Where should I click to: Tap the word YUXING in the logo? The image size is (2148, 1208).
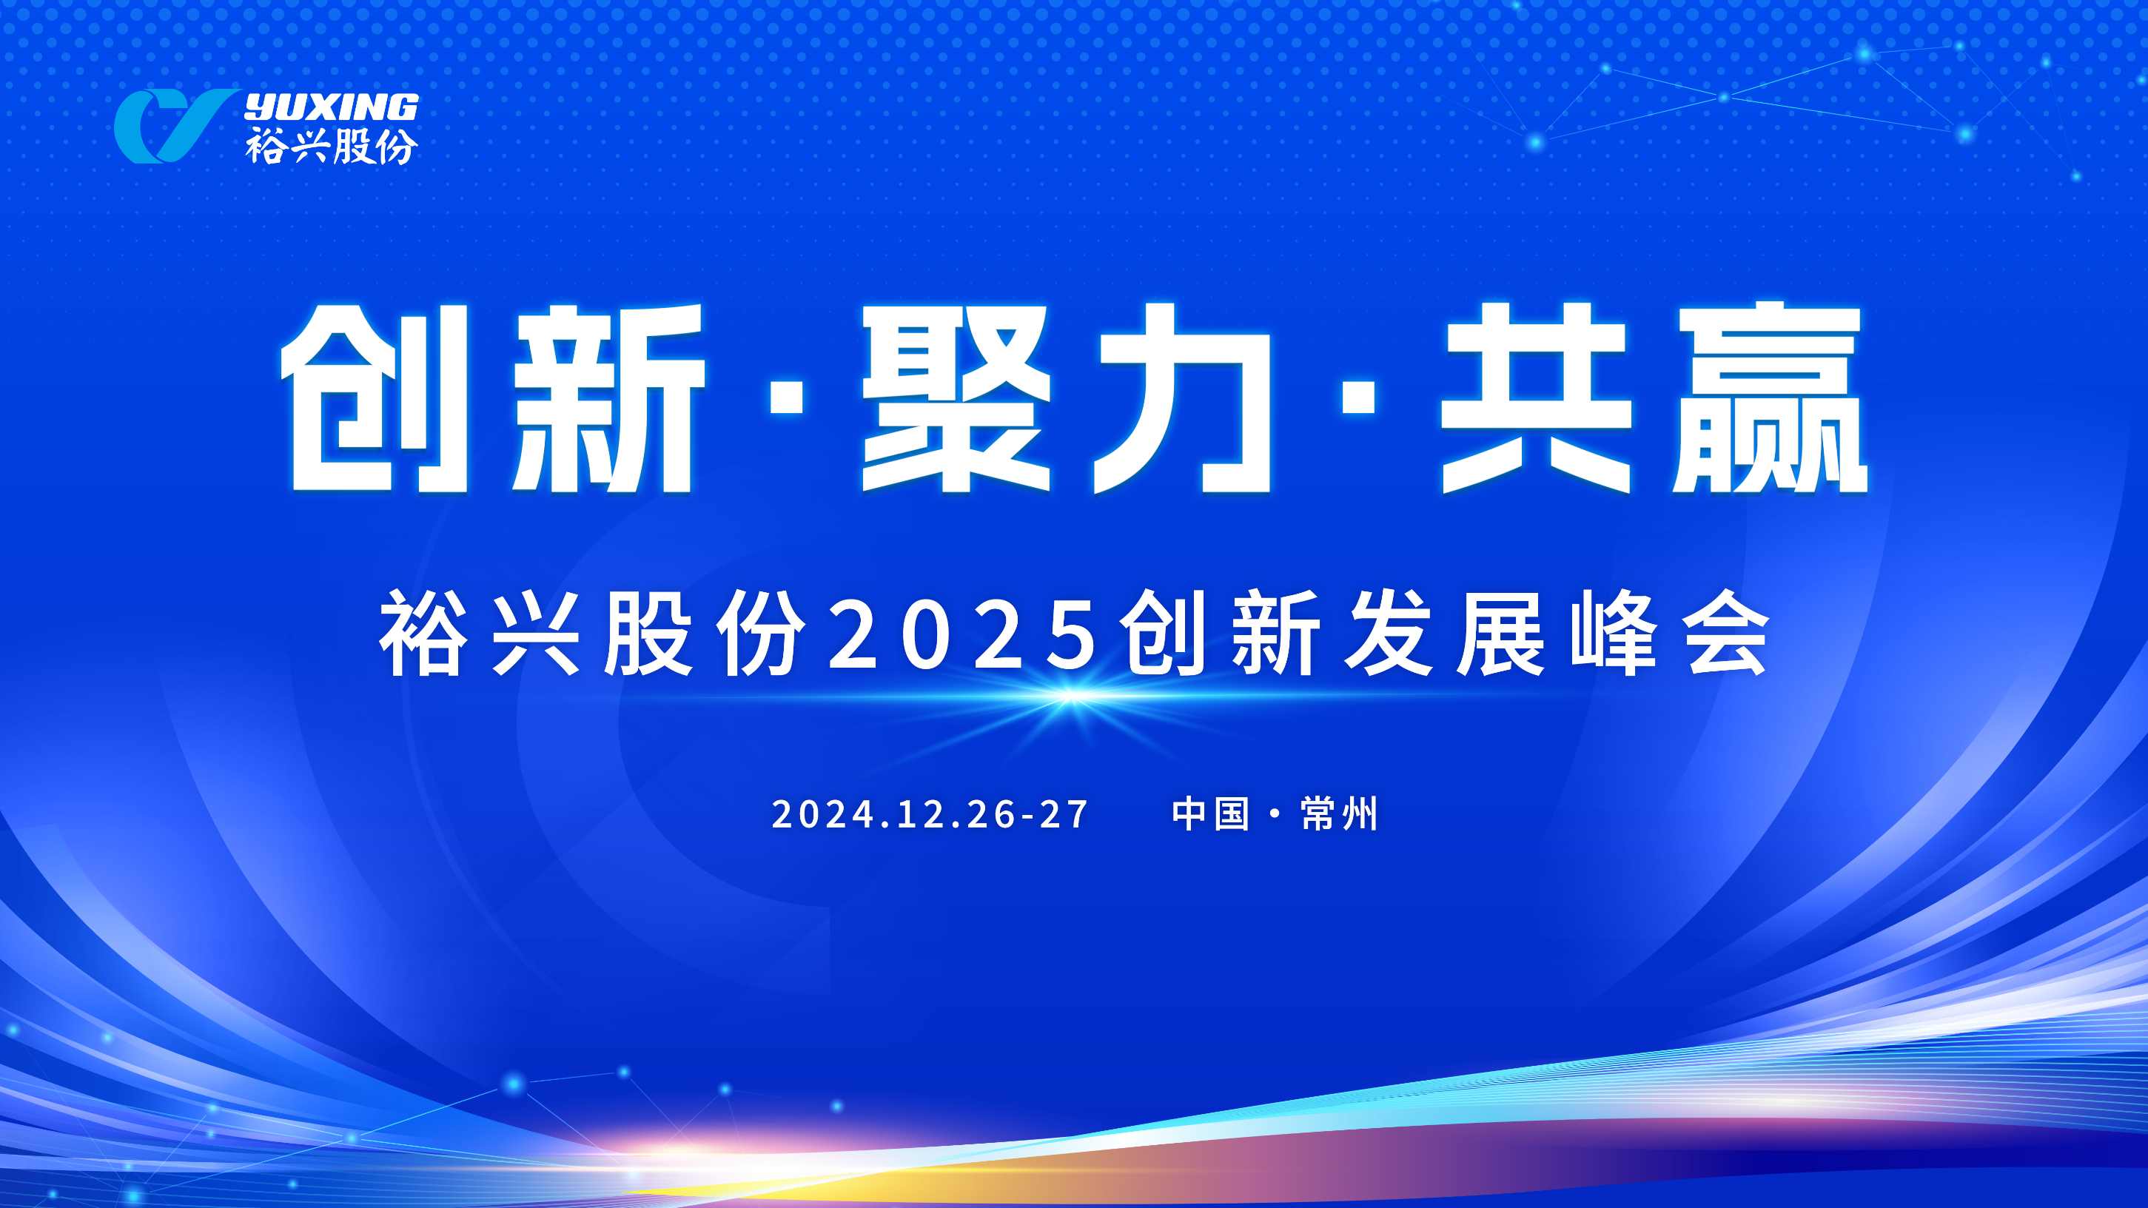(x=331, y=107)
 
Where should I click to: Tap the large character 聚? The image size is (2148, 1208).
(x=956, y=397)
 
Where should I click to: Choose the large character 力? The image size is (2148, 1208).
(x=1182, y=397)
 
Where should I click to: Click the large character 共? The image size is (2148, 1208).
(x=1536, y=397)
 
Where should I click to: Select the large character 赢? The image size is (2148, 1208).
(x=1770, y=397)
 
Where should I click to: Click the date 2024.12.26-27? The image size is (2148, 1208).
(x=930, y=813)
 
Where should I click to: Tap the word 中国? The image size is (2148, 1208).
(x=1210, y=813)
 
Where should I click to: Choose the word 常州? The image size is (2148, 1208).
(x=1339, y=813)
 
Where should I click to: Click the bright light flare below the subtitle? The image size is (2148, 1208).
(x=1072, y=696)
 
